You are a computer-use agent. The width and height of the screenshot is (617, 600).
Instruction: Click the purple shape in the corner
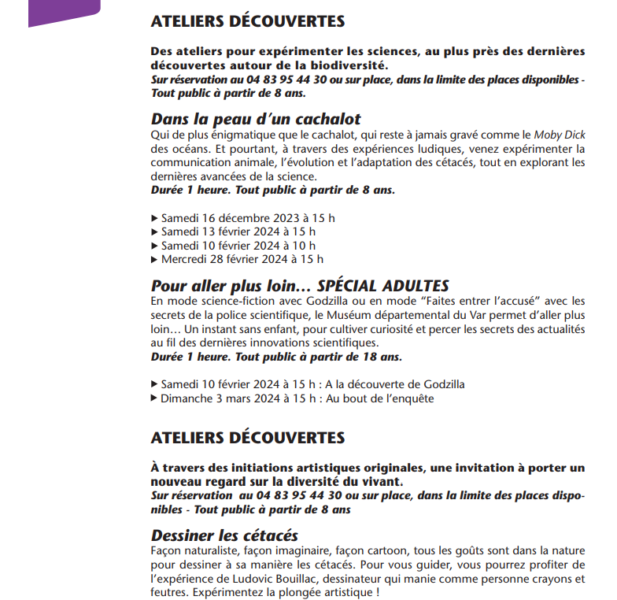[x=63, y=11]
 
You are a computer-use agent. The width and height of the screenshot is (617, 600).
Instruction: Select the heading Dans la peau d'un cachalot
[x=256, y=119]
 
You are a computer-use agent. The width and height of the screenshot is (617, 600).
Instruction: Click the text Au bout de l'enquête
[x=379, y=398]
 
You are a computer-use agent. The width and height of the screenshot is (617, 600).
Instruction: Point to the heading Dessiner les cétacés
[x=224, y=535]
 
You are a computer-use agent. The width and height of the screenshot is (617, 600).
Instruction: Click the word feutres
[x=169, y=593]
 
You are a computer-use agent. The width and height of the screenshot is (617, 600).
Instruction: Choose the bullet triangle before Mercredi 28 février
[x=153, y=259]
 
